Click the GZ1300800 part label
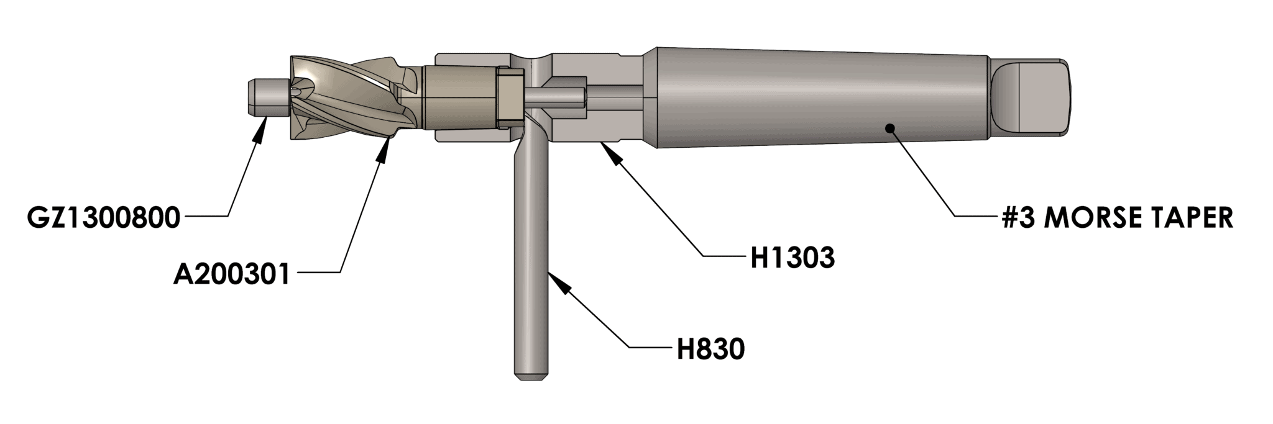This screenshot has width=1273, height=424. pyautogui.click(x=103, y=218)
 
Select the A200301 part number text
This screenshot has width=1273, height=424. pyautogui.click(x=232, y=274)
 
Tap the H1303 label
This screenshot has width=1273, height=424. pyautogui.click(x=792, y=258)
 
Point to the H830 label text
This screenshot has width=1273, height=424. pyautogui.click(x=710, y=350)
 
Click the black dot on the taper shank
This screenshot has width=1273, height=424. pyautogui.click(x=889, y=128)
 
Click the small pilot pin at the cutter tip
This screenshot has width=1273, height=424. pyautogui.click(x=266, y=97)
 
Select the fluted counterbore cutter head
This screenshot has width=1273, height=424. pyautogui.click(x=348, y=99)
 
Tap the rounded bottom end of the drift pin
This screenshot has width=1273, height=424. pyautogui.click(x=530, y=374)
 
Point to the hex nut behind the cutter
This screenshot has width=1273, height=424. pyautogui.click(x=510, y=98)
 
